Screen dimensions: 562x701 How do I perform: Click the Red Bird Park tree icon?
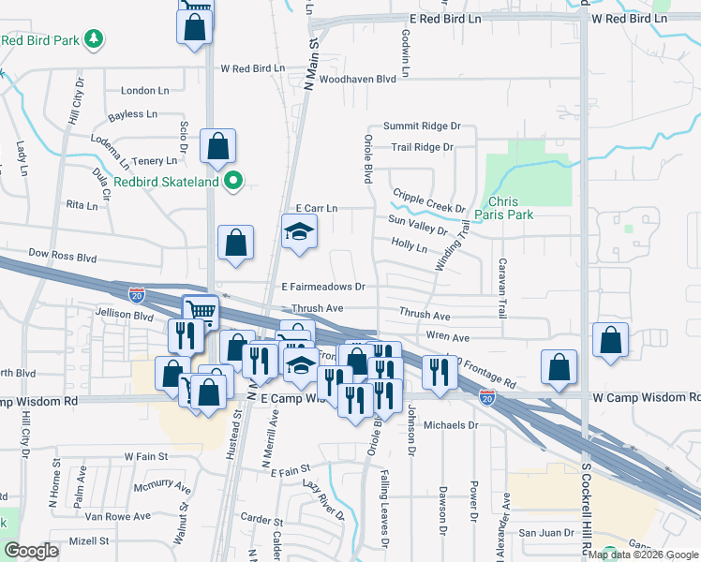pos(93,39)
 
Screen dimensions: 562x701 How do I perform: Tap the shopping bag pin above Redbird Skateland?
pos(217,147)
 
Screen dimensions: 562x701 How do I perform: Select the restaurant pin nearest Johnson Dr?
pos(439,373)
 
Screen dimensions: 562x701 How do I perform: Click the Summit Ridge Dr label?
pos(422,126)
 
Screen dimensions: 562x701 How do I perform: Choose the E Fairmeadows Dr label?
pos(321,286)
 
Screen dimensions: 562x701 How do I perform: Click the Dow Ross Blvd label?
pos(63,254)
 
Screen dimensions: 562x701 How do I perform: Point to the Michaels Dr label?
pos(451,424)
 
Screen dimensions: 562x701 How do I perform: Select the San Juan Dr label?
pos(540,533)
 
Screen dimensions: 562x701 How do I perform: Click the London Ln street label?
pos(144,91)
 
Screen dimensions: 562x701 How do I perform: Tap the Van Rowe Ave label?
pos(118,516)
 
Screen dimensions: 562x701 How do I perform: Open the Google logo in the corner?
pos(32,551)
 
